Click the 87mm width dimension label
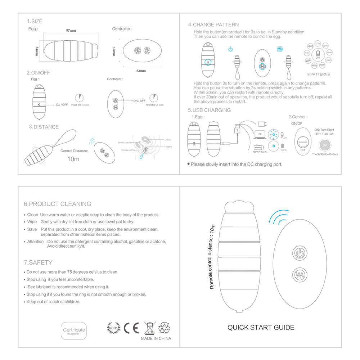71,31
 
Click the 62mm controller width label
141,71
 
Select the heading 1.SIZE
35,21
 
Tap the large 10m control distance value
73,159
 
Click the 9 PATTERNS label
318,75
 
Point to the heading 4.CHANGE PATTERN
213,24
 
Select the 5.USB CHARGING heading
210,110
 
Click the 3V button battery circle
325,145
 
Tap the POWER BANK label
259,152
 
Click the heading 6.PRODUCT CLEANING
58,204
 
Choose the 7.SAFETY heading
38,262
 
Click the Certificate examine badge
74,331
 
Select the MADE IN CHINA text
156,338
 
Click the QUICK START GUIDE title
261,327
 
